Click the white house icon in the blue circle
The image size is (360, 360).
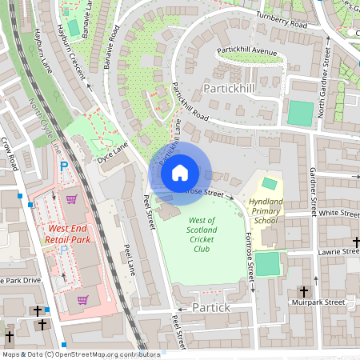(180, 173)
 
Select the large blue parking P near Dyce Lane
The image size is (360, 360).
(64, 167)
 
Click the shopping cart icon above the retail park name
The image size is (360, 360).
(71, 199)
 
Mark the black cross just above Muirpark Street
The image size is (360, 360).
(303, 292)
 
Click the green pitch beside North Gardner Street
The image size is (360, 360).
(301, 113)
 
